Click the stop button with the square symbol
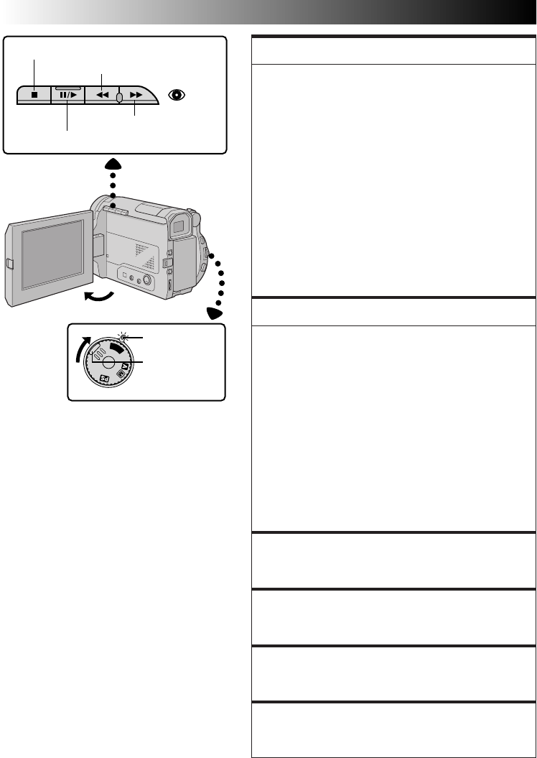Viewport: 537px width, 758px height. [x=34, y=95]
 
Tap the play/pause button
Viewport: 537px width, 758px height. [x=67, y=95]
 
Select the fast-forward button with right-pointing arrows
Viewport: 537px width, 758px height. [x=136, y=95]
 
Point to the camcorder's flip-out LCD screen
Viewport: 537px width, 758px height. [x=52, y=257]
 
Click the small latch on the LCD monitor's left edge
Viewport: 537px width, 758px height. [x=9, y=264]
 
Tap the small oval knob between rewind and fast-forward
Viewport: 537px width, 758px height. [x=119, y=96]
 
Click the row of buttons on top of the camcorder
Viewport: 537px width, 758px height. [x=115, y=209]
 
